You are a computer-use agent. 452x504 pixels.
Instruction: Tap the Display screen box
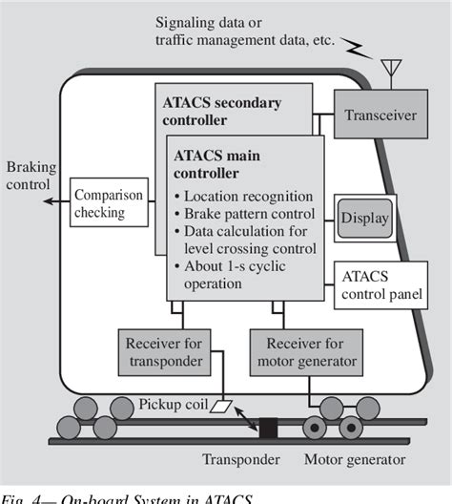(364, 219)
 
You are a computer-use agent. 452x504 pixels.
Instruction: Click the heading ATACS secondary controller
(221, 112)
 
